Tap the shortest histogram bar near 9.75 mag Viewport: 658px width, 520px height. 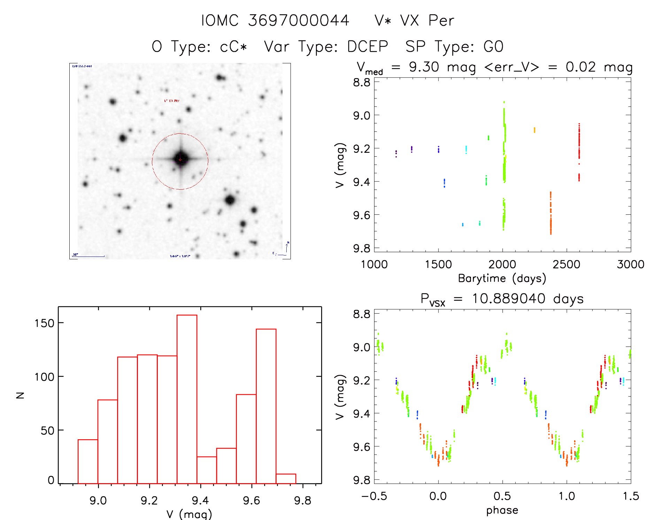pyautogui.click(x=286, y=479)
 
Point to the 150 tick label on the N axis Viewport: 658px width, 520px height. pyautogui.click(x=45, y=323)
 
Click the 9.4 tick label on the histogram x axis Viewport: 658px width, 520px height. pyautogui.click(x=200, y=501)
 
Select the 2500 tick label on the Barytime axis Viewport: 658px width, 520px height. pyautogui.click(x=566, y=265)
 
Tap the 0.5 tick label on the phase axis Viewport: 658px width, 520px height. pyautogui.click(x=502, y=496)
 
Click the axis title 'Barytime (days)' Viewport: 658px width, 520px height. pyautogui.click(x=502, y=278)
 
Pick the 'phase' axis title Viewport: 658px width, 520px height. pyautogui.click(x=502, y=510)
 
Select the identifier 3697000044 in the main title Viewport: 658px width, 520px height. pyautogui.click(x=299, y=21)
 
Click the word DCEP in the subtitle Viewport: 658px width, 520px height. pyautogui.click(x=367, y=47)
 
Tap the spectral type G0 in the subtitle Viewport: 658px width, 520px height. pyautogui.click(x=493, y=47)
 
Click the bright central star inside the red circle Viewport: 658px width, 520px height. pyautogui.click(x=180, y=159)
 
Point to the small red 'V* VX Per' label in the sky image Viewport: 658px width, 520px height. pyautogui.click(x=172, y=101)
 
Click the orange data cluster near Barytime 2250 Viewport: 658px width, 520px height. pyautogui.click(x=534, y=130)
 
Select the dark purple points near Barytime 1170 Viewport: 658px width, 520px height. pyautogui.click(x=396, y=153)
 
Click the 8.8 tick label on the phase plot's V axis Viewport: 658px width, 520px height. pyautogui.click(x=362, y=314)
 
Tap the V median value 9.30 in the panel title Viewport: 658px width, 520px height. pyautogui.click(x=424, y=67)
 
